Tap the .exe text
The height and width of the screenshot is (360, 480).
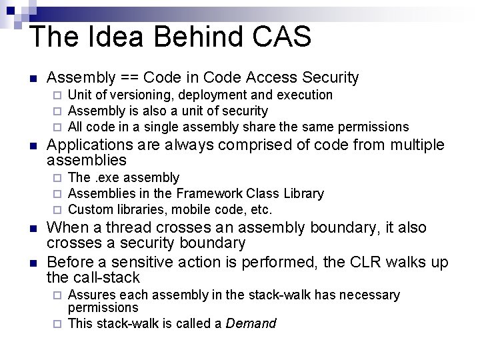105,178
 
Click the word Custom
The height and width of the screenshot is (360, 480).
89,210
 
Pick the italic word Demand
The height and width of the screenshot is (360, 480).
251,324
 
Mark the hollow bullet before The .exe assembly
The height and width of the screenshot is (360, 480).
58,178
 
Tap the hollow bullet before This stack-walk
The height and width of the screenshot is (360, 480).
58,324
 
